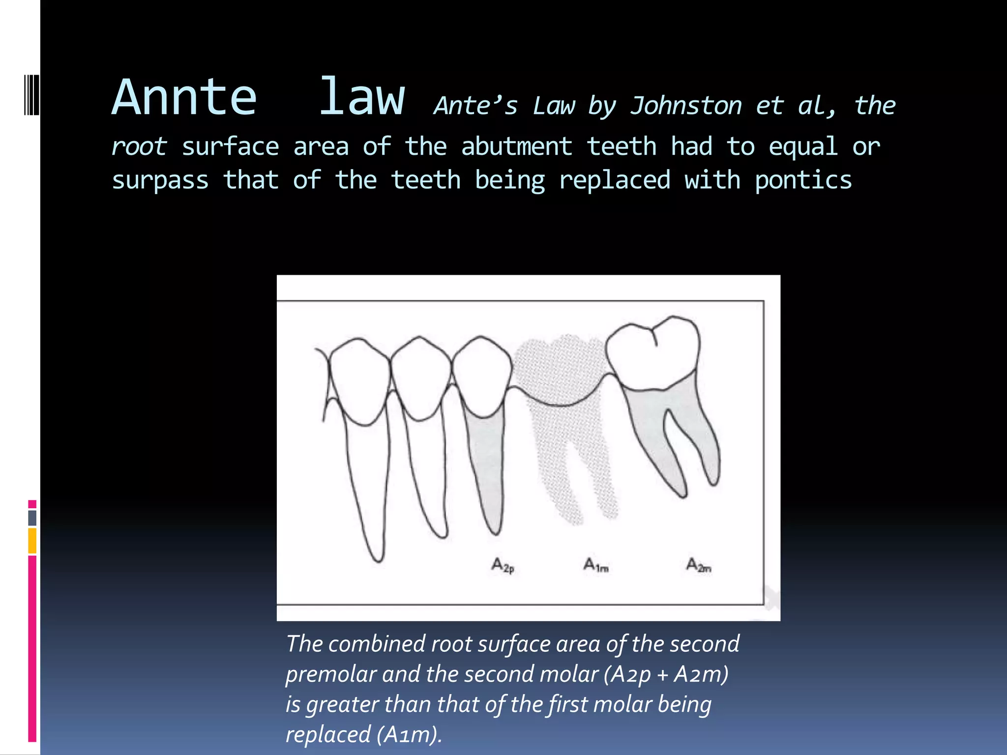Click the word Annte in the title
[184, 98]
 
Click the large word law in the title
[362, 98]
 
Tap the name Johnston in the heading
[686, 106]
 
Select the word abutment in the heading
[517, 147]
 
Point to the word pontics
[803, 180]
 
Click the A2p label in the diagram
[503, 566]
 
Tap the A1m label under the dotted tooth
[596, 565]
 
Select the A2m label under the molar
[698, 565]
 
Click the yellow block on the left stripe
[32, 541]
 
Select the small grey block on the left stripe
[32, 518]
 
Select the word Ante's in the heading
[475, 106]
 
